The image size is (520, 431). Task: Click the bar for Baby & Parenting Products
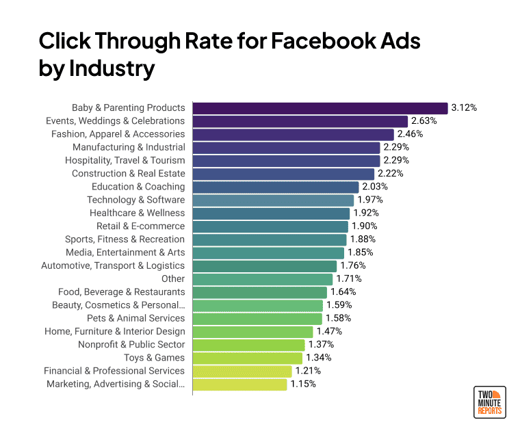coord(320,108)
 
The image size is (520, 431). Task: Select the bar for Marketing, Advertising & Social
coord(240,384)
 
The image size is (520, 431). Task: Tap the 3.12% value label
coord(464,108)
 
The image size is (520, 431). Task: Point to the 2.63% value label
coord(424,121)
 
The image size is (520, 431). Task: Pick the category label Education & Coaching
coord(138,187)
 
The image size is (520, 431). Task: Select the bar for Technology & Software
coord(273,200)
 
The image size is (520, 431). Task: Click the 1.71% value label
coord(348,279)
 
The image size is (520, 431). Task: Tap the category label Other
coord(173,279)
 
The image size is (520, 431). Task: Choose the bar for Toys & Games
coord(247,358)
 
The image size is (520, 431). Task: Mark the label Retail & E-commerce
coord(141,226)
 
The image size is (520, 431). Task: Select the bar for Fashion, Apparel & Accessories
coord(293,134)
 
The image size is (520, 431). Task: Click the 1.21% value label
coord(307,371)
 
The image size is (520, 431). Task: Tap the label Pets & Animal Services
coord(136,319)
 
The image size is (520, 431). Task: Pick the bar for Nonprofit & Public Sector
coord(248,345)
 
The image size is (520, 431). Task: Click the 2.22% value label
coord(390,174)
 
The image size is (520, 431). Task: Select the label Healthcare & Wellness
coord(138,213)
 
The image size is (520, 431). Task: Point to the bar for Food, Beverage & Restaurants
coord(259,292)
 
